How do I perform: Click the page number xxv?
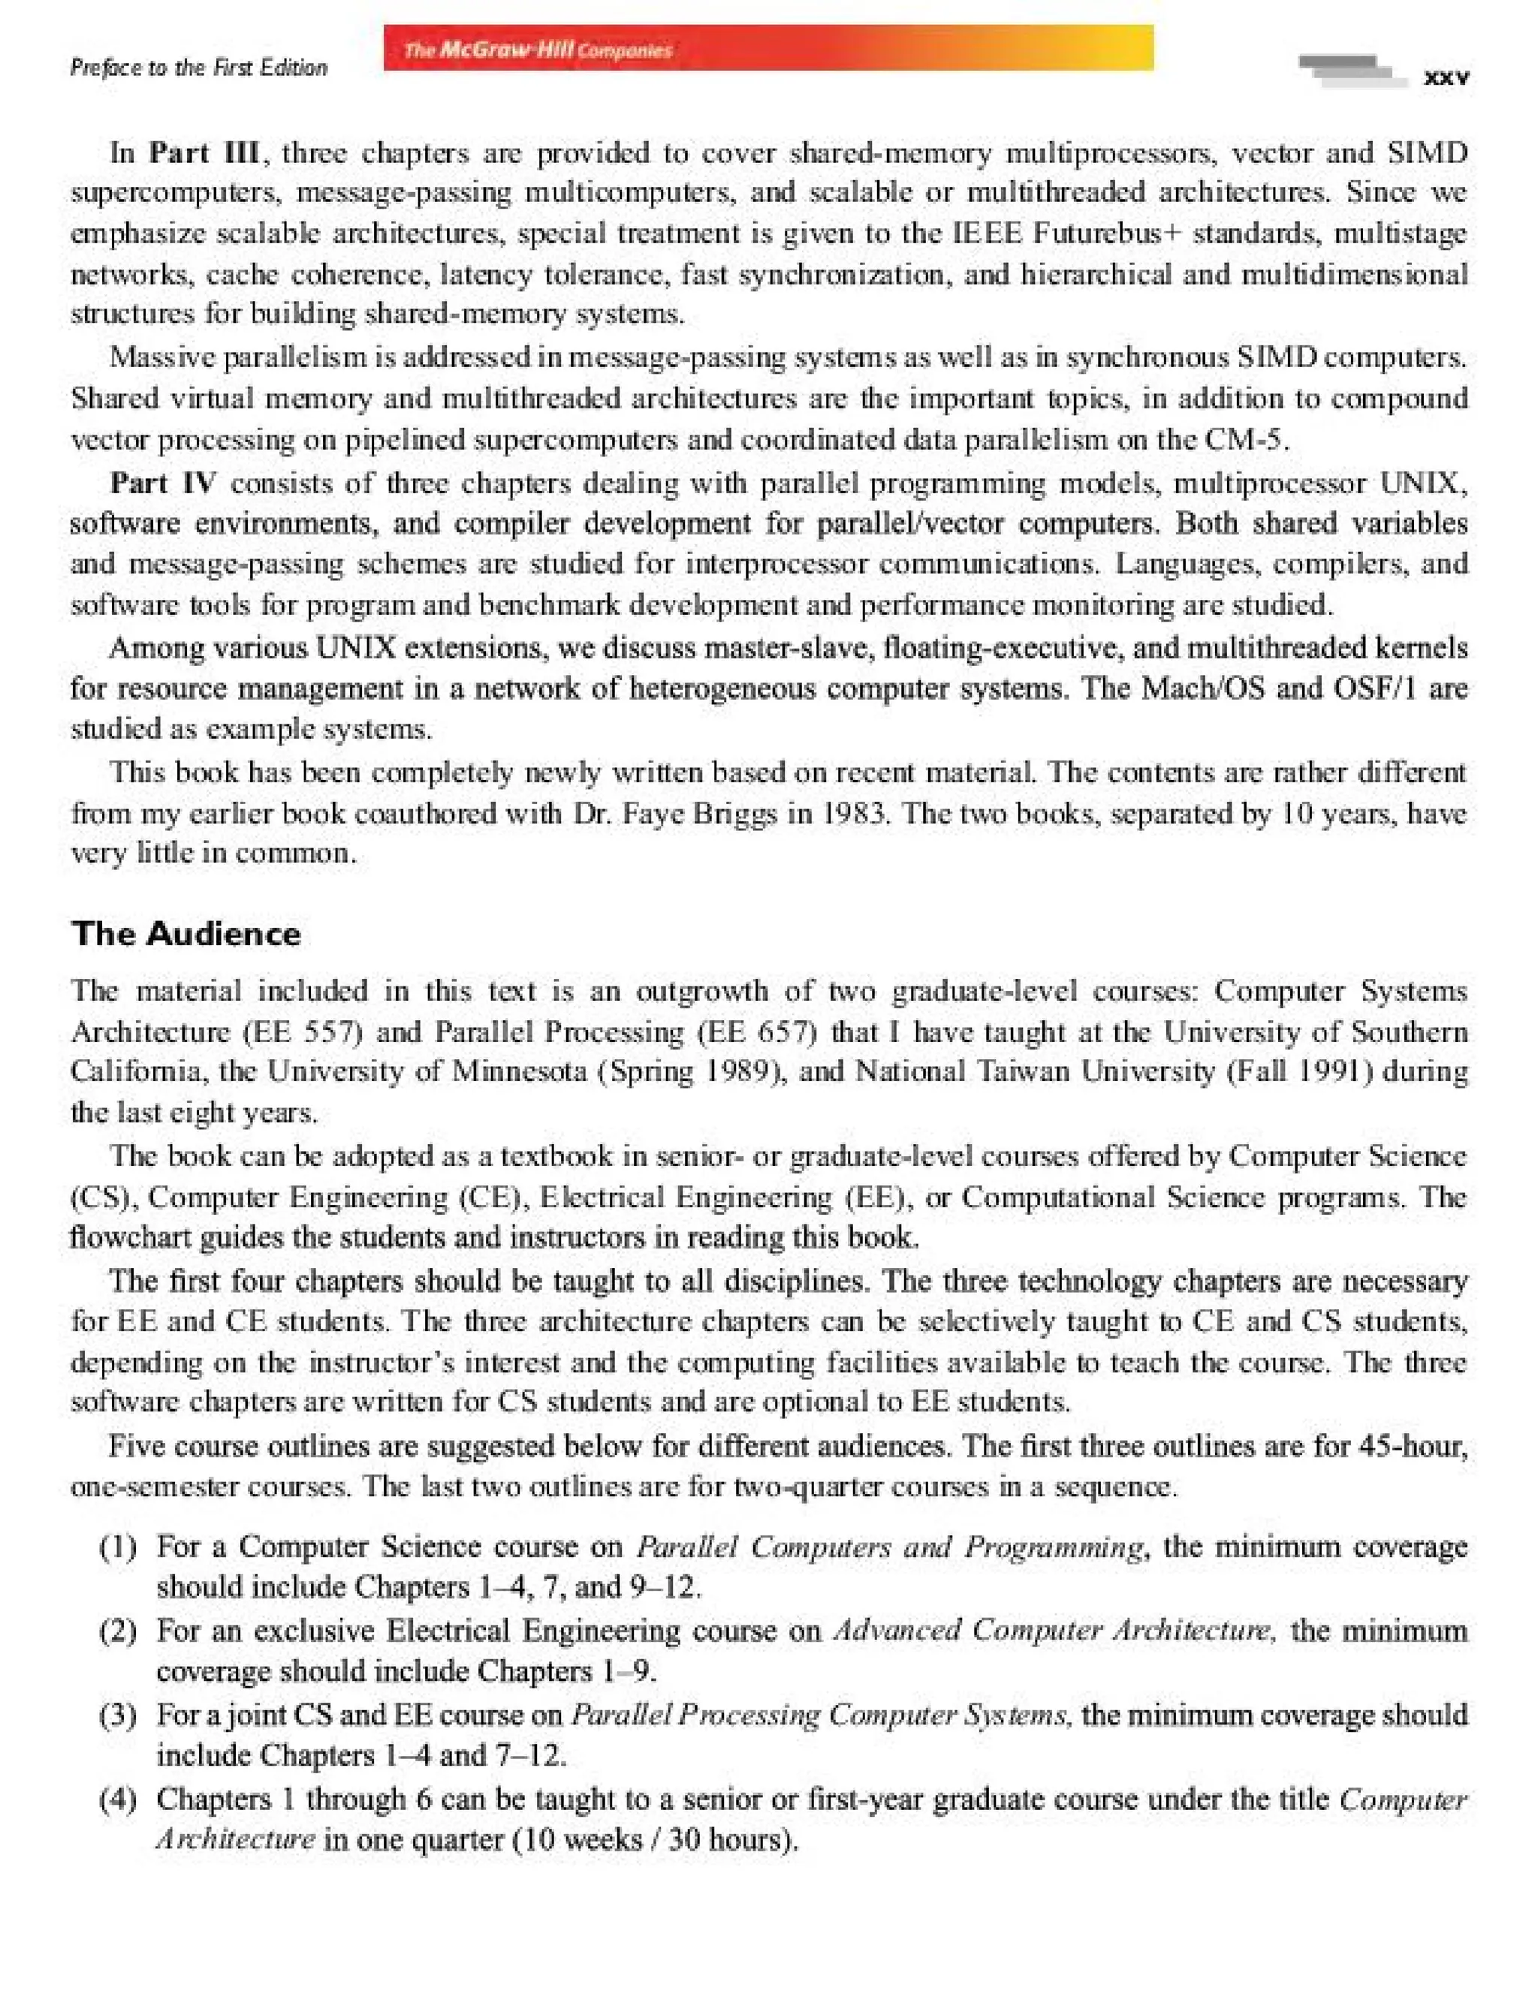1446,78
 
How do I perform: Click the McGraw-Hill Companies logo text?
538,50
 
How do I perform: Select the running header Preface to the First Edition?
199,68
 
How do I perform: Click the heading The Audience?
185,934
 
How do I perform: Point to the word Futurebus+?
1108,233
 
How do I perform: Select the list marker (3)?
118,1714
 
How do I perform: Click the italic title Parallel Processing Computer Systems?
820,1714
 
